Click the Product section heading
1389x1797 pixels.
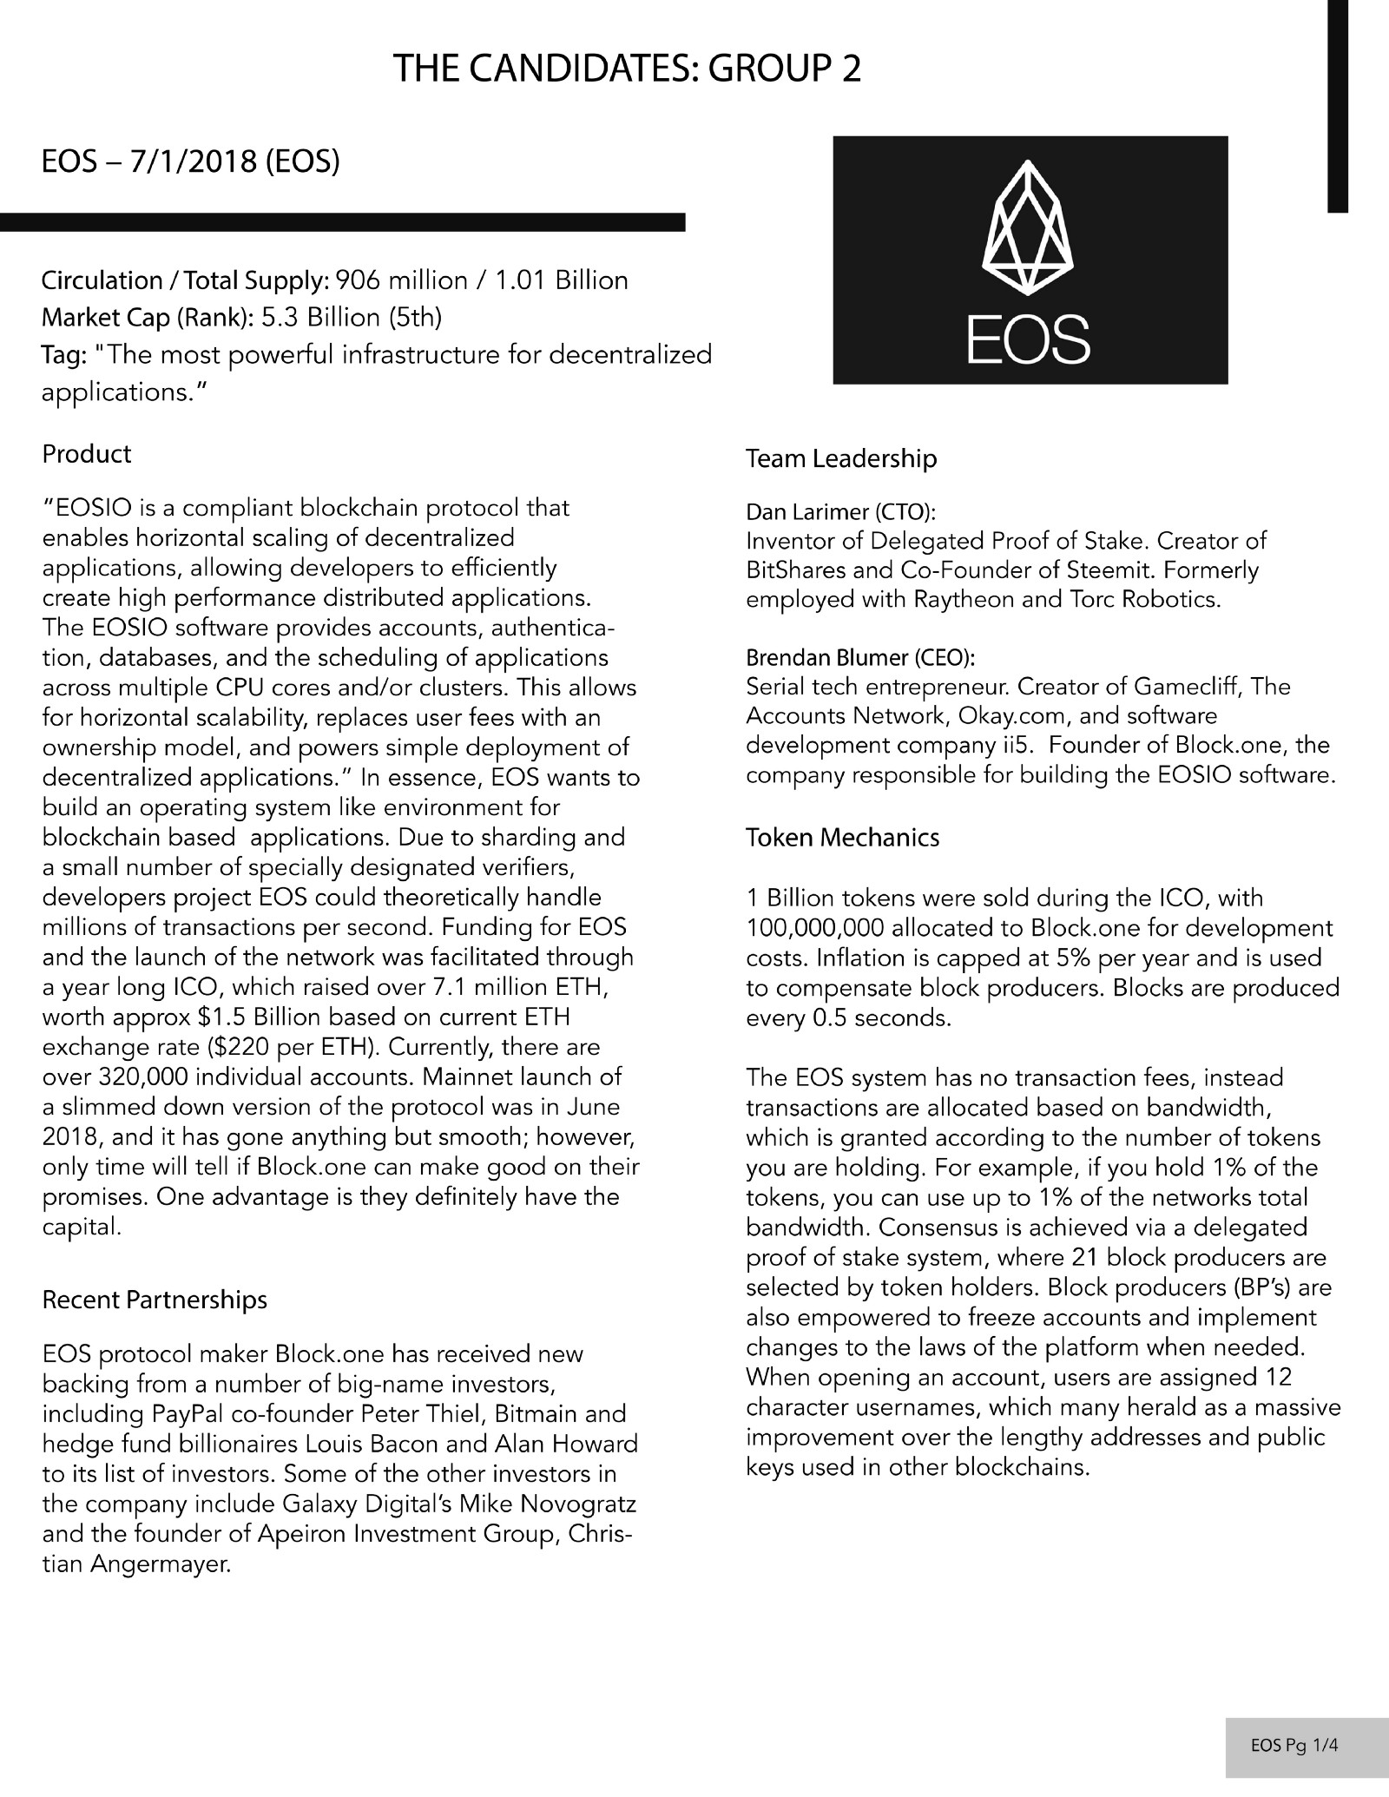point(87,454)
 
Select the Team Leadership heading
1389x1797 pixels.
point(841,458)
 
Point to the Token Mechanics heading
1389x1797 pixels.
point(842,838)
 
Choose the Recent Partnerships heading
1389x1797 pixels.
point(155,1300)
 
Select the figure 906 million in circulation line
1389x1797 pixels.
point(401,280)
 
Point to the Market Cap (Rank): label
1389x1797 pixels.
point(147,318)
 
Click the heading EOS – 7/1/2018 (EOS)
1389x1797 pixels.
point(190,162)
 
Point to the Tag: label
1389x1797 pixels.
point(63,355)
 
